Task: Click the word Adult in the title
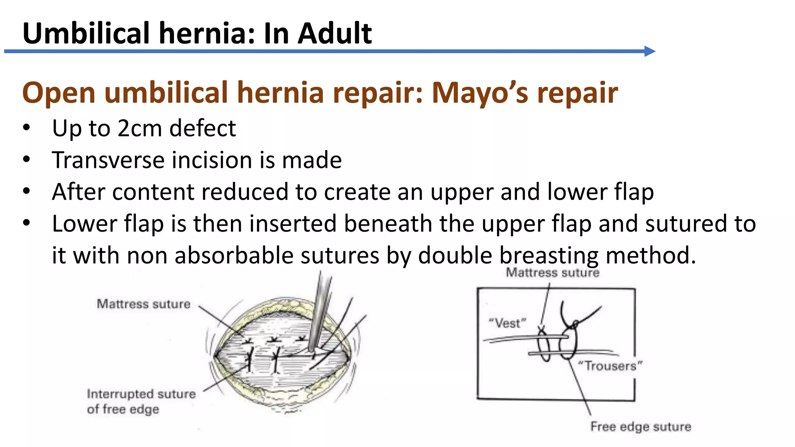coord(335,33)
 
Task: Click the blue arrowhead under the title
coord(649,51)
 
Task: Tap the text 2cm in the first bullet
coord(140,128)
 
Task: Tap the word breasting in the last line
coord(549,255)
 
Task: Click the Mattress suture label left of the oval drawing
coord(144,304)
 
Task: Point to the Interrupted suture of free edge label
coord(141,401)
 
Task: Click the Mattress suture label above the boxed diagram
coord(552,273)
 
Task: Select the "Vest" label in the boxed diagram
coord(507,323)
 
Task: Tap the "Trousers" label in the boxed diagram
coord(610,366)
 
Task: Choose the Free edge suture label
coord(641,426)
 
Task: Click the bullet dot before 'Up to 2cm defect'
coord(26,128)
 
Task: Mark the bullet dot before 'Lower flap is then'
coord(26,223)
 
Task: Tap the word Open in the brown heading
coord(59,93)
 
